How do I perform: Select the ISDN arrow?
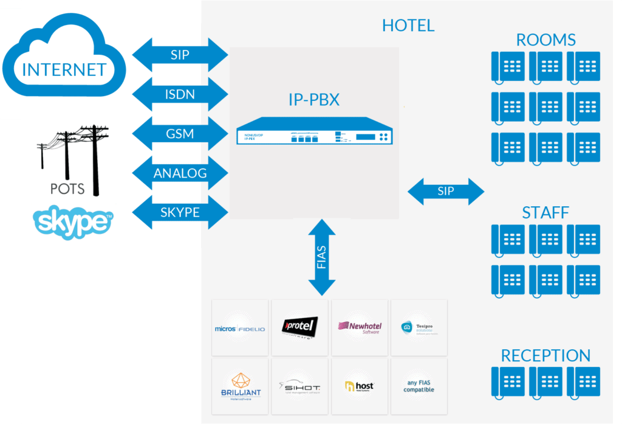click(180, 94)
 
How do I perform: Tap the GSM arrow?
click(180, 134)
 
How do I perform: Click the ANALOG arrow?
click(180, 173)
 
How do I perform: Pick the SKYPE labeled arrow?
click(180, 212)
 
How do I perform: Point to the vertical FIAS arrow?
click(322, 258)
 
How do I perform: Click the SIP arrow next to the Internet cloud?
click(180, 55)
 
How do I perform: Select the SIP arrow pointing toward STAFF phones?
click(445, 192)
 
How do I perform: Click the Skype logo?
click(73, 222)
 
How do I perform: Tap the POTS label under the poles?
click(67, 189)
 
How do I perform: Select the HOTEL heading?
click(408, 26)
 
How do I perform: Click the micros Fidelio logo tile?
click(240, 328)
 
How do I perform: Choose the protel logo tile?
click(299, 328)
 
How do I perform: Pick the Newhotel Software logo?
click(359, 328)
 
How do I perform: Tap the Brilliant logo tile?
click(240, 386)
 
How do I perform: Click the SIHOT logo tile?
click(299, 386)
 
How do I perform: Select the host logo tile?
click(359, 386)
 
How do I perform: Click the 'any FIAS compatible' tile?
click(419, 386)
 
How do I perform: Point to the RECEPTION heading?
click(545, 355)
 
